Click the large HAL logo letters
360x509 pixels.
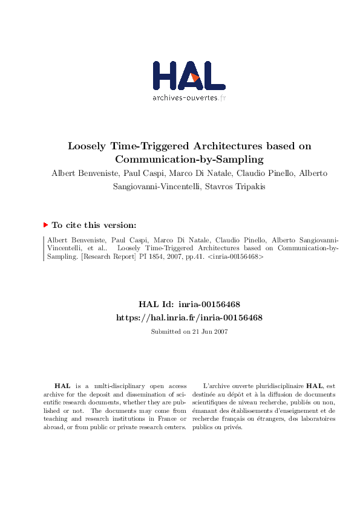tap(188, 76)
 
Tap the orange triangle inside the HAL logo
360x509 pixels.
tap(195, 77)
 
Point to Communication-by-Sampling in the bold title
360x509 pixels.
tap(189, 160)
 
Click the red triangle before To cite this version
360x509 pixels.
tap(45, 225)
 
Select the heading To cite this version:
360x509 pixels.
tap(94, 225)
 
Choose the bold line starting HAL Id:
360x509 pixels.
tap(189, 304)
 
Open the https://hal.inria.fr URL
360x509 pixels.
tap(189, 317)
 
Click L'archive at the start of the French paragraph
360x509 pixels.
tap(216, 385)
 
